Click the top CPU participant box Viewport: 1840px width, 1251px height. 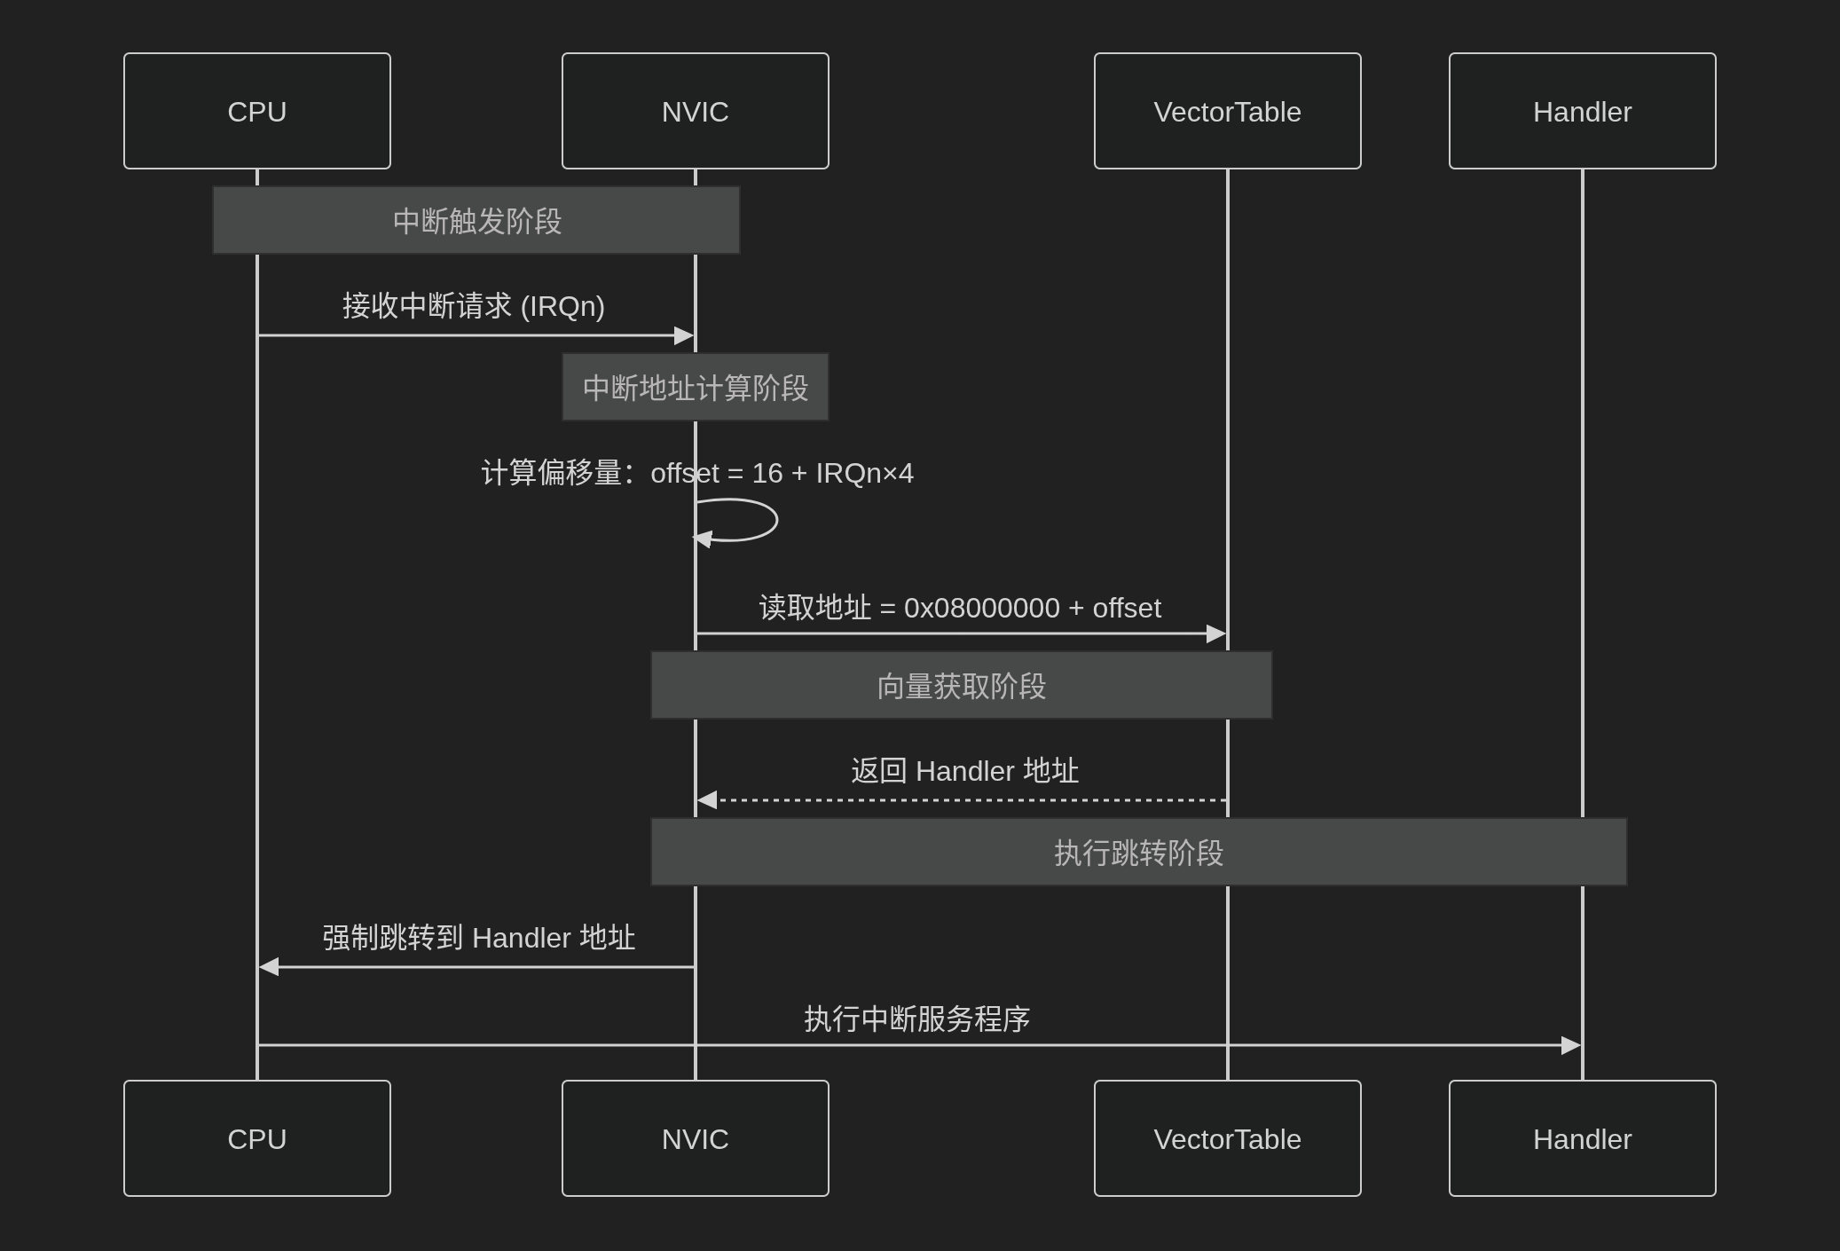click(x=257, y=111)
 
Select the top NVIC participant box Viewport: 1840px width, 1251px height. click(x=695, y=111)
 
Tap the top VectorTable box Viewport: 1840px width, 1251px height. click(x=1227, y=111)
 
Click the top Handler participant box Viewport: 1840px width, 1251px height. click(x=1582, y=111)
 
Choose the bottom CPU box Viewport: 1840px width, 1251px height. click(x=257, y=1138)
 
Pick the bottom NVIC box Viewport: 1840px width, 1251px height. click(x=695, y=1138)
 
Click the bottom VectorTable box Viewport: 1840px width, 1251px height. click(x=1227, y=1138)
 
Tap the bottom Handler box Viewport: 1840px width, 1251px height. click(x=1582, y=1138)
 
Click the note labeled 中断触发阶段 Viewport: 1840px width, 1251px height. click(x=476, y=220)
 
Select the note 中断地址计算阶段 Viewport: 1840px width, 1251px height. click(x=695, y=387)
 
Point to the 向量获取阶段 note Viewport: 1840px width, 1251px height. click(x=961, y=685)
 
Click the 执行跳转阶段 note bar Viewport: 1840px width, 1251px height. click(x=1138, y=852)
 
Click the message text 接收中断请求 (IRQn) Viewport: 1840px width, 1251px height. click(x=474, y=306)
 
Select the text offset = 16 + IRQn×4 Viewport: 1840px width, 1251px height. click(x=782, y=473)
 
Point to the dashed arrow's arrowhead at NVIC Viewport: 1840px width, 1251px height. click(x=707, y=800)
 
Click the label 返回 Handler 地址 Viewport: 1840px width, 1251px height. click(x=964, y=771)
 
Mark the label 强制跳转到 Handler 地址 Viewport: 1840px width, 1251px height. click(x=478, y=938)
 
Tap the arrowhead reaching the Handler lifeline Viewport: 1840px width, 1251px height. click(x=1570, y=1045)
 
